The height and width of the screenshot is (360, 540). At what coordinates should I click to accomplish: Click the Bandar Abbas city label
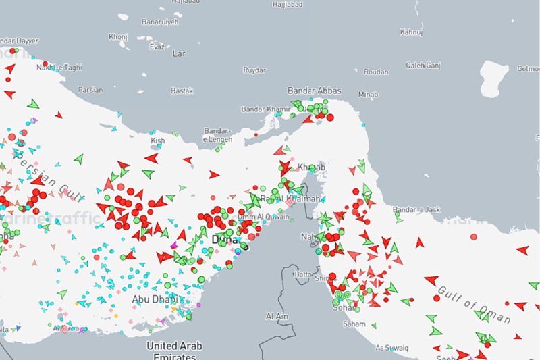click(x=315, y=91)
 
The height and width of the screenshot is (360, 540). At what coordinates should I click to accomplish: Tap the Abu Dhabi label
click(x=155, y=299)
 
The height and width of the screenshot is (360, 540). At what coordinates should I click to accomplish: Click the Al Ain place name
click(x=277, y=316)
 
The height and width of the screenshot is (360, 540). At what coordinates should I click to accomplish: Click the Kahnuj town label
click(x=410, y=32)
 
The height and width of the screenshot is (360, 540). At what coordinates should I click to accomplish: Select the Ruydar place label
click(x=254, y=70)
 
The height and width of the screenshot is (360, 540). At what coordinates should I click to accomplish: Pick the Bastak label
click(x=182, y=91)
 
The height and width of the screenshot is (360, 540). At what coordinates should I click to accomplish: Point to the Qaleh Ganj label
click(x=423, y=66)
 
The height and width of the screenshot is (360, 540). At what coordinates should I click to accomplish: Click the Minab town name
click(x=369, y=94)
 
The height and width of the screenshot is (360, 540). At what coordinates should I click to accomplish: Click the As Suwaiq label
click(x=391, y=348)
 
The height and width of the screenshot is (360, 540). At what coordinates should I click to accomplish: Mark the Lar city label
click(x=179, y=52)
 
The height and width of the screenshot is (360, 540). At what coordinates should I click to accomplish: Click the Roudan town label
click(x=376, y=72)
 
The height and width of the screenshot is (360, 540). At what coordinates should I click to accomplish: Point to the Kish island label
click(x=158, y=140)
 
